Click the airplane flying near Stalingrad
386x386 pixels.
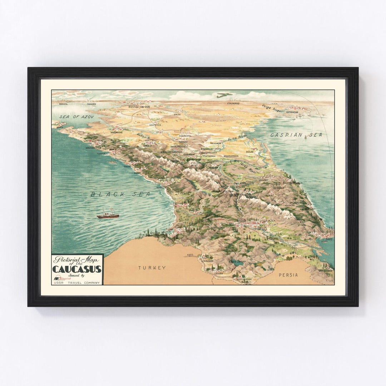click(224, 95)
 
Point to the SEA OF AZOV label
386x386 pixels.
click(72, 117)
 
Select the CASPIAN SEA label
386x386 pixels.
click(296, 135)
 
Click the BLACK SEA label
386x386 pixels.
click(120, 194)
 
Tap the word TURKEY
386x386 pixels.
click(152, 267)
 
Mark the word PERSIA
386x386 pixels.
click(290, 275)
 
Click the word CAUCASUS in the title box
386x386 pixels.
click(77, 269)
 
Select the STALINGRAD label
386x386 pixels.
click(233, 103)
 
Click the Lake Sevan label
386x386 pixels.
click(236, 262)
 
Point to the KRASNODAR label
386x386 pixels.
click(117, 132)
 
